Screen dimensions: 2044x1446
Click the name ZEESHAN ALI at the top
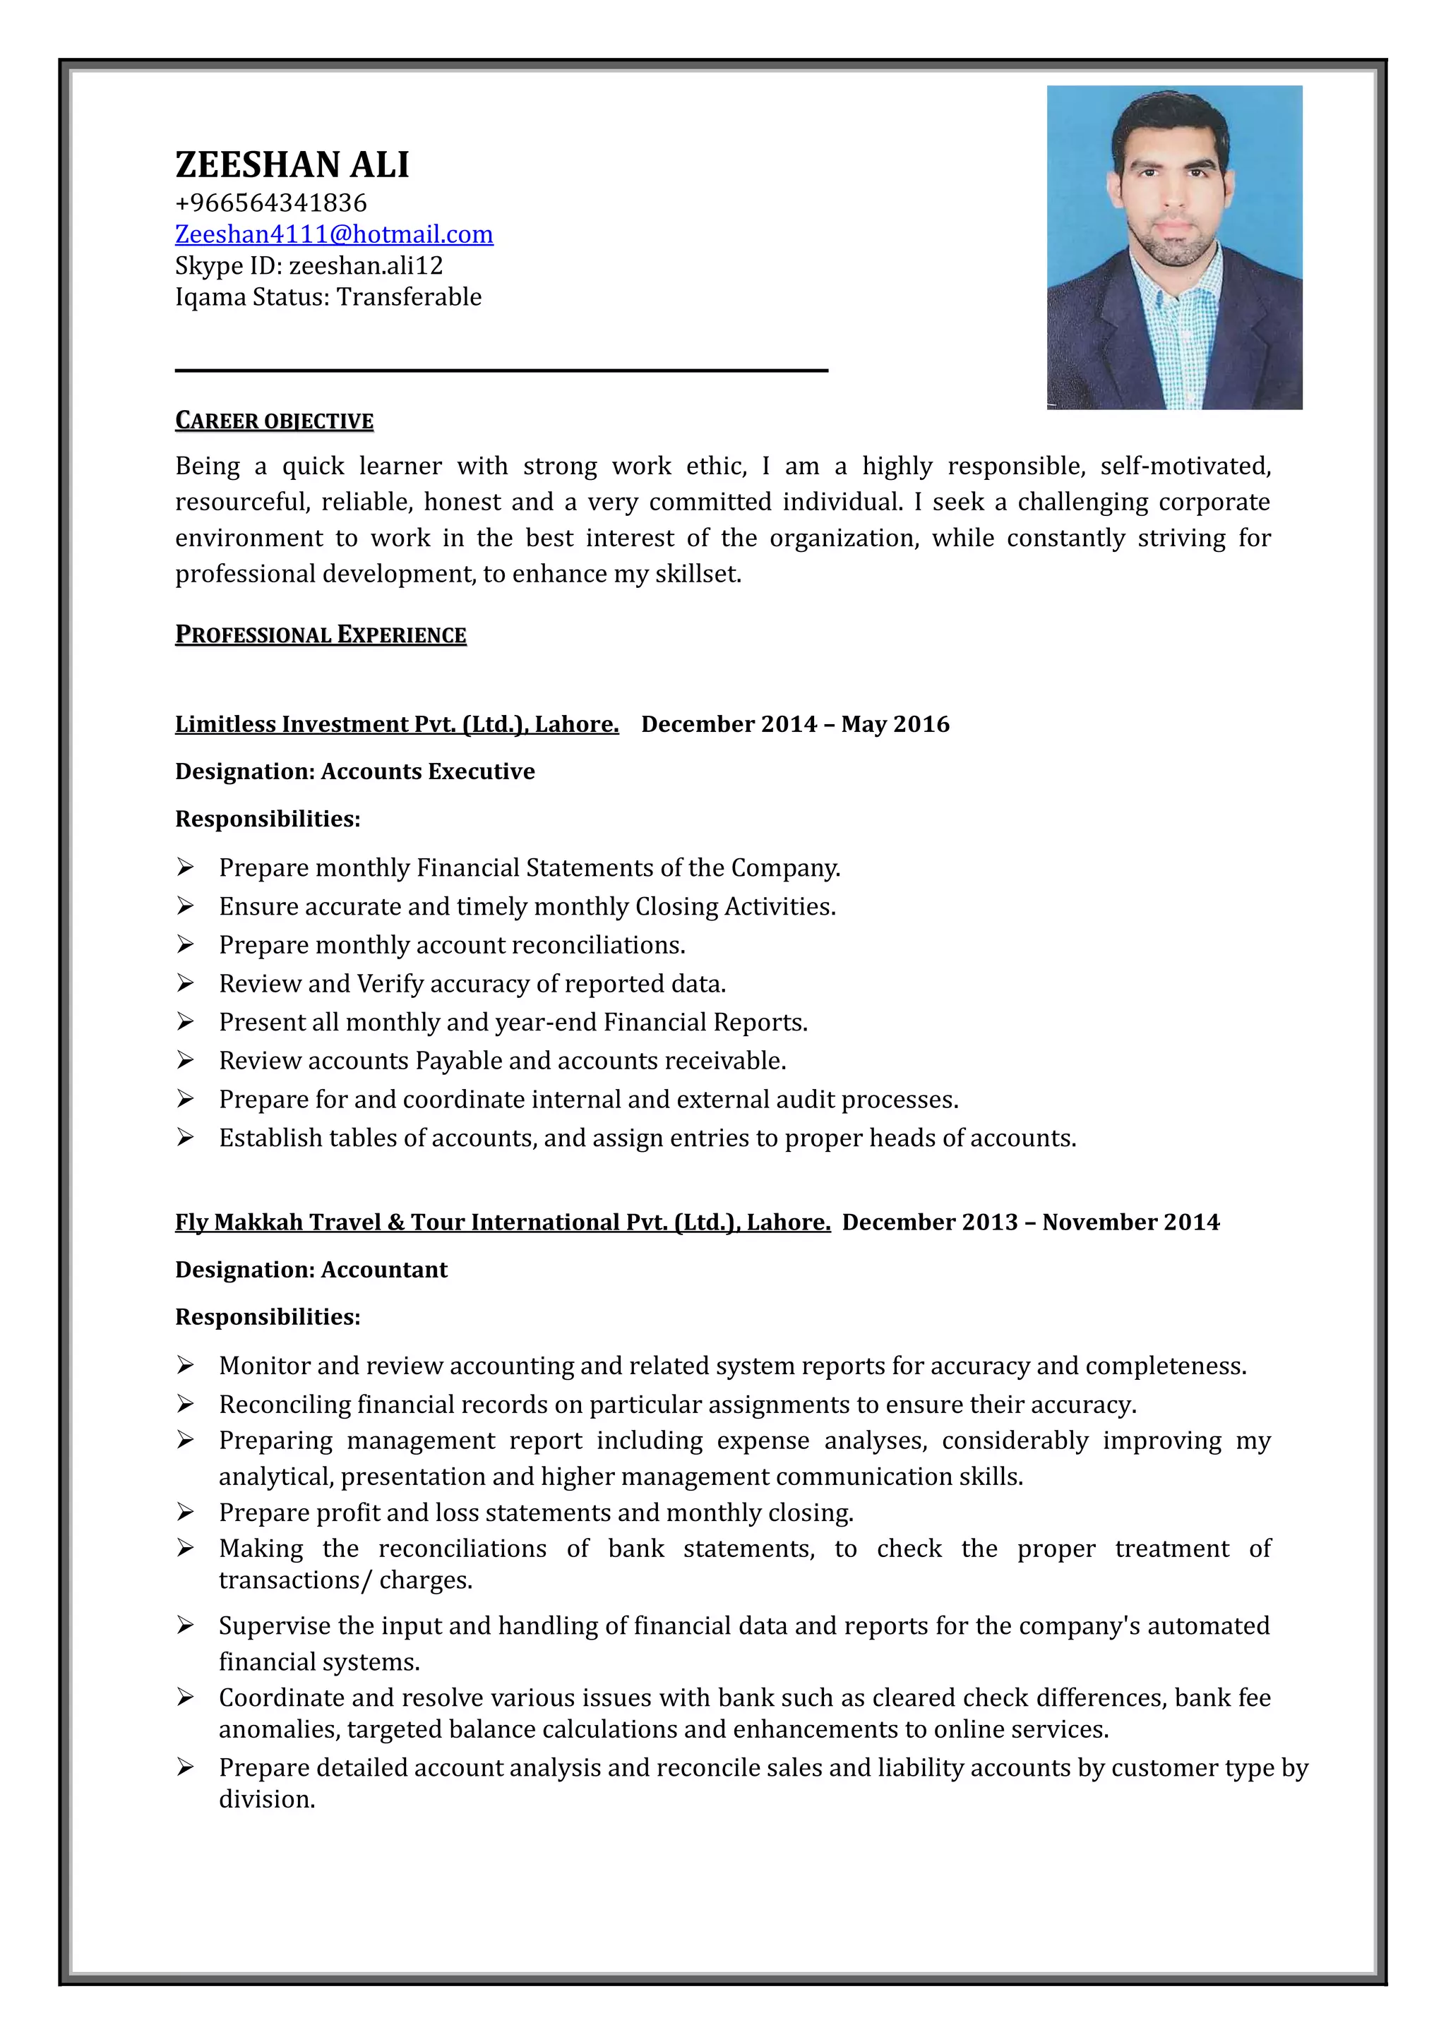[x=292, y=164]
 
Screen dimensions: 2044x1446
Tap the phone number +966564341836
[x=270, y=203]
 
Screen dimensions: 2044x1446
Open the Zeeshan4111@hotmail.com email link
[x=334, y=234]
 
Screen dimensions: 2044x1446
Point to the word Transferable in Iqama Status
[x=409, y=297]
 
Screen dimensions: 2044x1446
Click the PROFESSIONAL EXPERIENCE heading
[x=321, y=635]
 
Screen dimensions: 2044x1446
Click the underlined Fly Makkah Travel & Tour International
[x=502, y=1222]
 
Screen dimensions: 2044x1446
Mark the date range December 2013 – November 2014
[x=1030, y=1222]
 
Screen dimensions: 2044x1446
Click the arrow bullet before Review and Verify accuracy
[x=185, y=983]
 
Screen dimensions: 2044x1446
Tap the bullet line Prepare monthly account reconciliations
[x=451, y=944]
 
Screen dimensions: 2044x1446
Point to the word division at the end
[x=266, y=1799]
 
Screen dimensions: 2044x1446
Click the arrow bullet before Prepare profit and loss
[x=185, y=1512]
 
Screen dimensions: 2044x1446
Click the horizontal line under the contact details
[x=501, y=369]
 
